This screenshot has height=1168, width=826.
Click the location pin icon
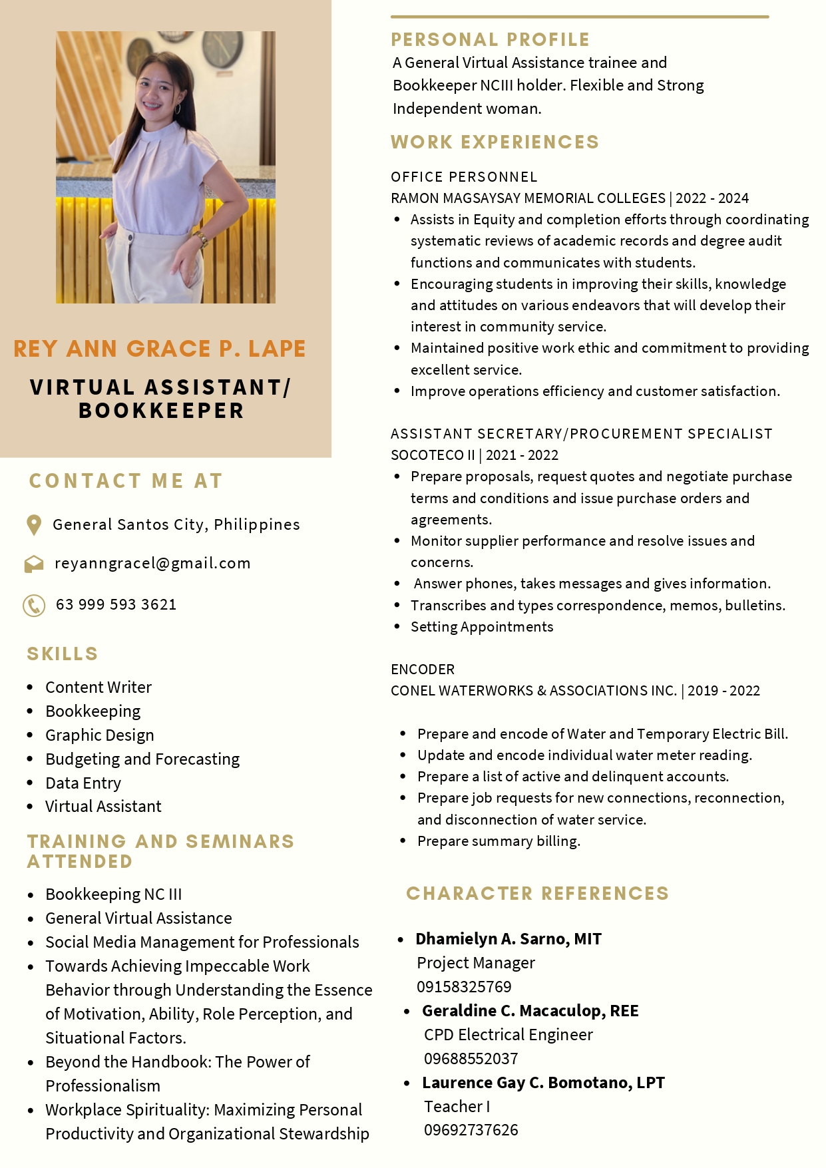click(33, 525)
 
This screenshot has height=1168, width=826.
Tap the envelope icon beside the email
click(34, 564)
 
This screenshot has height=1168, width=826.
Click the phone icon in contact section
click(34, 606)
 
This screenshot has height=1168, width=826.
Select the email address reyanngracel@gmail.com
click(152, 564)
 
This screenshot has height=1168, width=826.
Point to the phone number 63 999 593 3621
click(116, 605)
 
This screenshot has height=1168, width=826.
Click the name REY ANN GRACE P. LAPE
click(160, 349)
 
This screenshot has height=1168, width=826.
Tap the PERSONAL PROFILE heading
click(490, 40)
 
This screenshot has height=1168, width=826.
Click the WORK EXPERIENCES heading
click(495, 142)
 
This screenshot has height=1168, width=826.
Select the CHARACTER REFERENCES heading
click(537, 894)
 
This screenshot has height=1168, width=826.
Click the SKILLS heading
click(63, 654)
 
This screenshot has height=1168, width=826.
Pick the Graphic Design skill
click(100, 735)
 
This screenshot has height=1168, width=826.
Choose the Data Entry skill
click(83, 783)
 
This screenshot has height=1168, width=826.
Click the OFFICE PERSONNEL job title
click(464, 177)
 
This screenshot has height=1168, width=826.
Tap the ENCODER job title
click(423, 670)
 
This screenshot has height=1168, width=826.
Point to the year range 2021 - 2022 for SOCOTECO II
click(522, 455)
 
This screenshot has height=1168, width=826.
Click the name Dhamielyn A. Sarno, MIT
click(509, 939)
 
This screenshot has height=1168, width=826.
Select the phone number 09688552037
click(471, 1059)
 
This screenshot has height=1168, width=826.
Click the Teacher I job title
click(457, 1107)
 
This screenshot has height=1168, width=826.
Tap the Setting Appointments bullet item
click(482, 627)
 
